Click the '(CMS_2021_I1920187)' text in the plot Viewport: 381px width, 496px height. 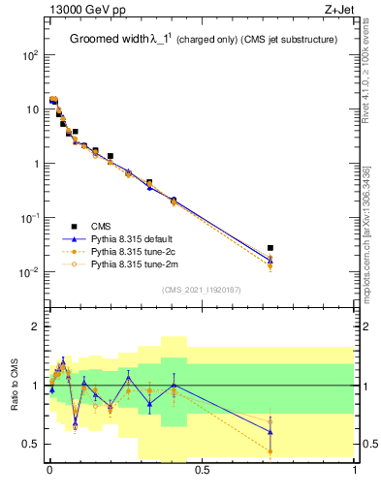tap(202, 289)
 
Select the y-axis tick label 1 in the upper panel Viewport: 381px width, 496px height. tap(36, 164)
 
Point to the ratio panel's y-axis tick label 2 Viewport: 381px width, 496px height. tap(36, 327)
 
